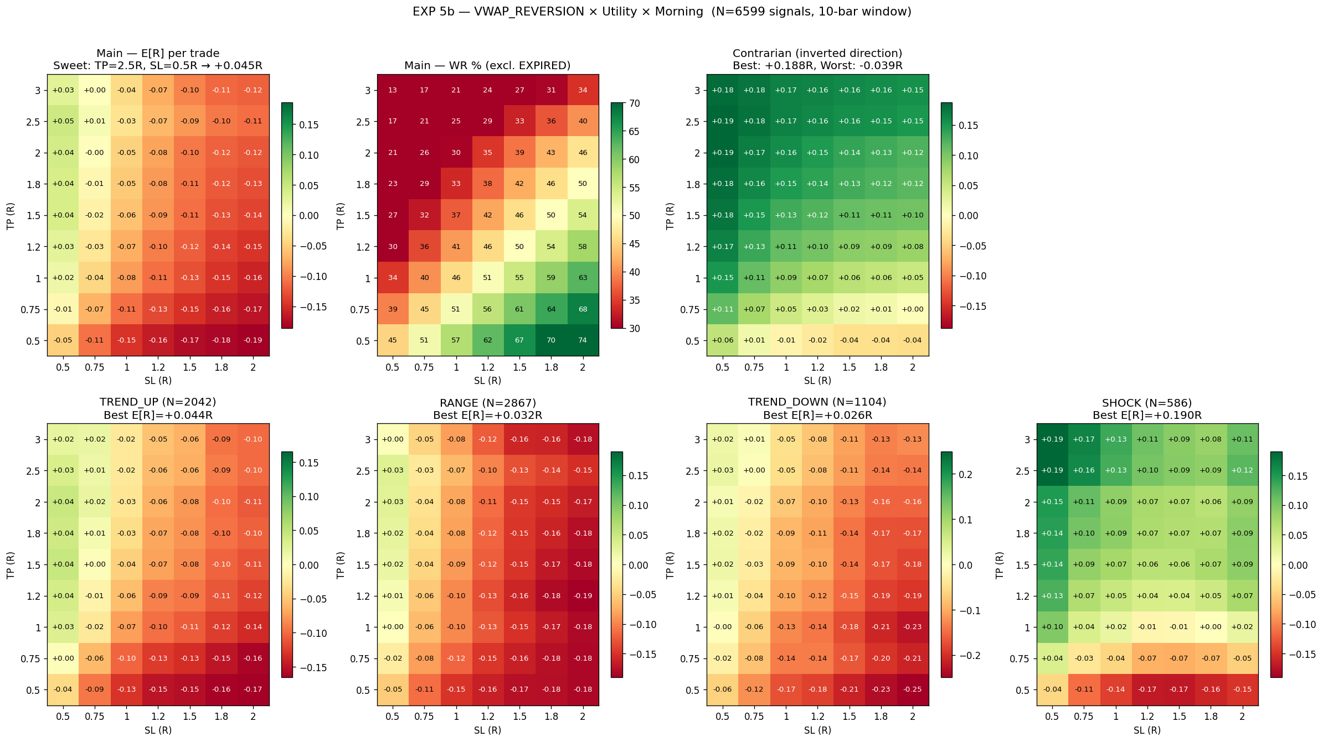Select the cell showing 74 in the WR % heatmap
pyautogui.click(x=583, y=340)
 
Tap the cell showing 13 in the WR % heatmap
pyautogui.click(x=393, y=90)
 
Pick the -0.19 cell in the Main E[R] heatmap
pyautogui.click(x=253, y=340)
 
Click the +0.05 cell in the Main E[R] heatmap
pyautogui.click(x=63, y=121)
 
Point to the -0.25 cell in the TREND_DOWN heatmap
pyautogui.click(x=913, y=689)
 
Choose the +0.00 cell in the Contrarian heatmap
pyautogui.click(x=913, y=309)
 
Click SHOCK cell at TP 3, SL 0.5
pyautogui.click(x=1052, y=439)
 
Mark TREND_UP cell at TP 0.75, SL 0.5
pyautogui.click(x=63, y=658)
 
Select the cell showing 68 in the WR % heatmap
pyautogui.click(x=583, y=309)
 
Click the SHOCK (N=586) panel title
pyautogui.click(x=1147, y=403)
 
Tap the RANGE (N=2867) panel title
pyautogui.click(x=488, y=403)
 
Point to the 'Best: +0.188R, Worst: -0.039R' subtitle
pyautogui.click(x=817, y=66)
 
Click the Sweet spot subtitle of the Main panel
pyautogui.click(x=158, y=66)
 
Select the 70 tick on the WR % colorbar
pyautogui.click(x=634, y=103)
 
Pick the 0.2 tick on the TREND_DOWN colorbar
pyautogui.click(x=965, y=475)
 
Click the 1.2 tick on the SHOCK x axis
pyautogui.click(x=1147, y=716)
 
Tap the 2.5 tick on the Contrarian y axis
pyautogui.click(x=692, y=122)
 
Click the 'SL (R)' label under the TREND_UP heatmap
pyautogui.click(x=158, y=730)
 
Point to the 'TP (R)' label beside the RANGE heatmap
pyautogui.click(x=340, y=565)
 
